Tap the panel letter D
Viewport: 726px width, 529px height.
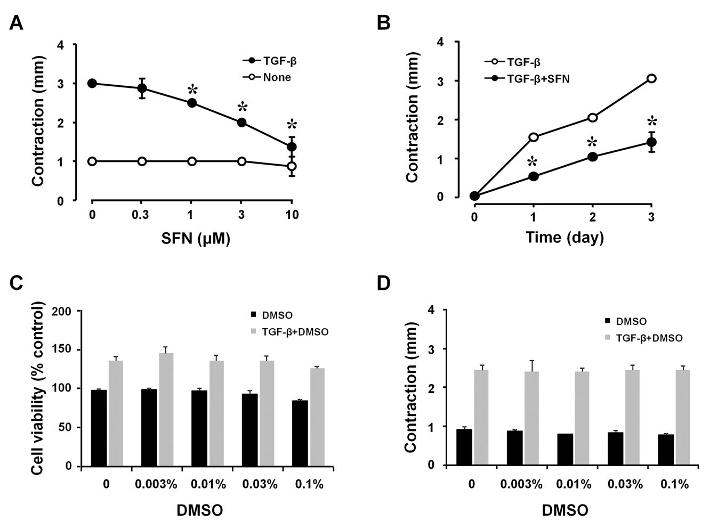coord(384,283)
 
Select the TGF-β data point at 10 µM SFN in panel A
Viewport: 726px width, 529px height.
coord(292,147)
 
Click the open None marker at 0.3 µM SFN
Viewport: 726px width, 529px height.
coord(142,161)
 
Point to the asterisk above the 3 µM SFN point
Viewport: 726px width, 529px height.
coord(242,106)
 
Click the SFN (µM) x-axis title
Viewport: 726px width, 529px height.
coord(196,239)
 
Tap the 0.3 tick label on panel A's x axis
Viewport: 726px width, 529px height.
coord(141,215)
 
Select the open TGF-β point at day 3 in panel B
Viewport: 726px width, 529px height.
coord(651,79)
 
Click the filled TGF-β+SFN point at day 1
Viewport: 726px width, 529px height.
coord(533,176)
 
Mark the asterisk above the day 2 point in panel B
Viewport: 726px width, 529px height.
coord(592,143)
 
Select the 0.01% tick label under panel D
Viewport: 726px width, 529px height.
coord(574,484)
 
